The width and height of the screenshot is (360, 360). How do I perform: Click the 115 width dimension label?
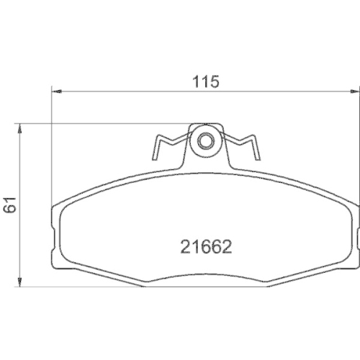(x=205, y=81)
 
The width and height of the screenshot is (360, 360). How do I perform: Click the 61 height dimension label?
(x=10, y=204)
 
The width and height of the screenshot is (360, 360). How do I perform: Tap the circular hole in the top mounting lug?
(x=206, y=140)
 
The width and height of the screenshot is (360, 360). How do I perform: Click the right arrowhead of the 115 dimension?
(x=353, y=91)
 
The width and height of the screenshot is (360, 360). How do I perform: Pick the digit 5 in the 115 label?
(x=214, y=81)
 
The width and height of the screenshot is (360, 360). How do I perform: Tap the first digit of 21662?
(x=184, y=248)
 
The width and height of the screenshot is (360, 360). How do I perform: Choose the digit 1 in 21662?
(x=194, y=248)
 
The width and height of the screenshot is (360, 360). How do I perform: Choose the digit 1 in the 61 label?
(x=10, y=199)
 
